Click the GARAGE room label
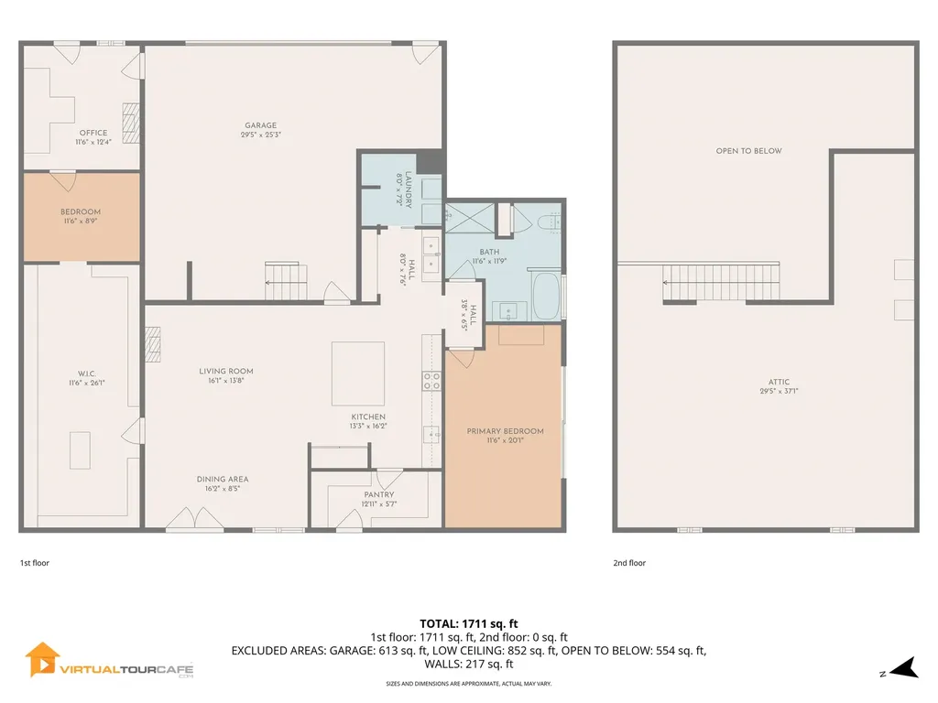[x=260, y=126]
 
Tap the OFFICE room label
[x=93, y=134]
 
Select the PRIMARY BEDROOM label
[x=505, y=431]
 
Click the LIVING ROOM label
[x=226, y=372]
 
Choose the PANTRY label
[x=378, y=495]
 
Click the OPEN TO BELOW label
[x=748, y=151]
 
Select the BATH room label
[x=489, y=252]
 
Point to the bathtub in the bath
[x=546, y=295]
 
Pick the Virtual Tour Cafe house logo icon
[x=42, y=659]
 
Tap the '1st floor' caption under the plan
[x=35, y=563]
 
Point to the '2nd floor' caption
[x=629, y=563]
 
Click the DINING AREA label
[x=223, y=480]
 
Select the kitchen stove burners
[x=431, y=381]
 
